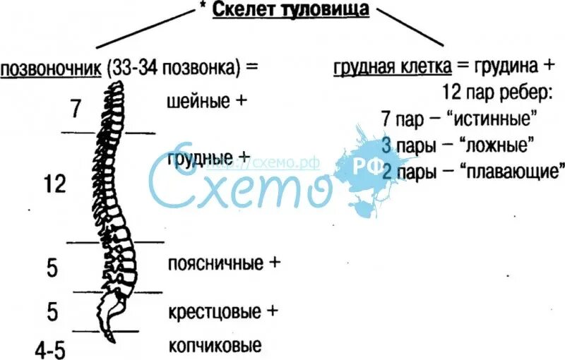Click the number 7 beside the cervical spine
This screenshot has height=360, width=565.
(77, 109)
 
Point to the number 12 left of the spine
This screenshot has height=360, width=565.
(54, 185)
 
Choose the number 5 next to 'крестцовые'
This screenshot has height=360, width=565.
(52, 311)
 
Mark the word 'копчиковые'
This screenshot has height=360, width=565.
(215, 347)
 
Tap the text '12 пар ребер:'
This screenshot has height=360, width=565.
(497, 92)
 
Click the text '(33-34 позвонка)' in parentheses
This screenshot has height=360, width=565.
(174, 69)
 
